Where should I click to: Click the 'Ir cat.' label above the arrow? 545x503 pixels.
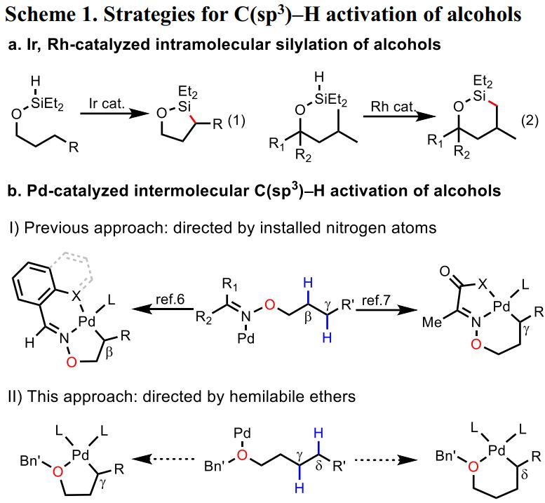click(x=105, y=102)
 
